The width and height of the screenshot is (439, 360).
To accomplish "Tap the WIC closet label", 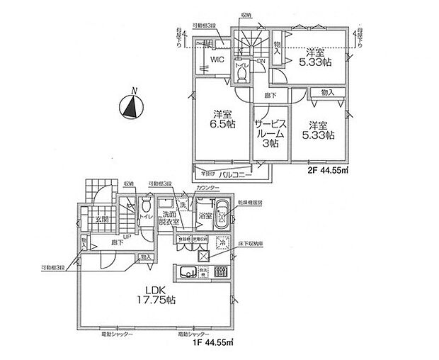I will (x=217, y=60).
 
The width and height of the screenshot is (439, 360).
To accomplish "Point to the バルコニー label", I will (x=232, y=172).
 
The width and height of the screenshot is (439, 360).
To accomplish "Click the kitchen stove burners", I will (x=219, y=272).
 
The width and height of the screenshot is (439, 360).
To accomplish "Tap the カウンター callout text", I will (x=208, y=187).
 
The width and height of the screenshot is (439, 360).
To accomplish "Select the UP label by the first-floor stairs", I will (x=126, y=237).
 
